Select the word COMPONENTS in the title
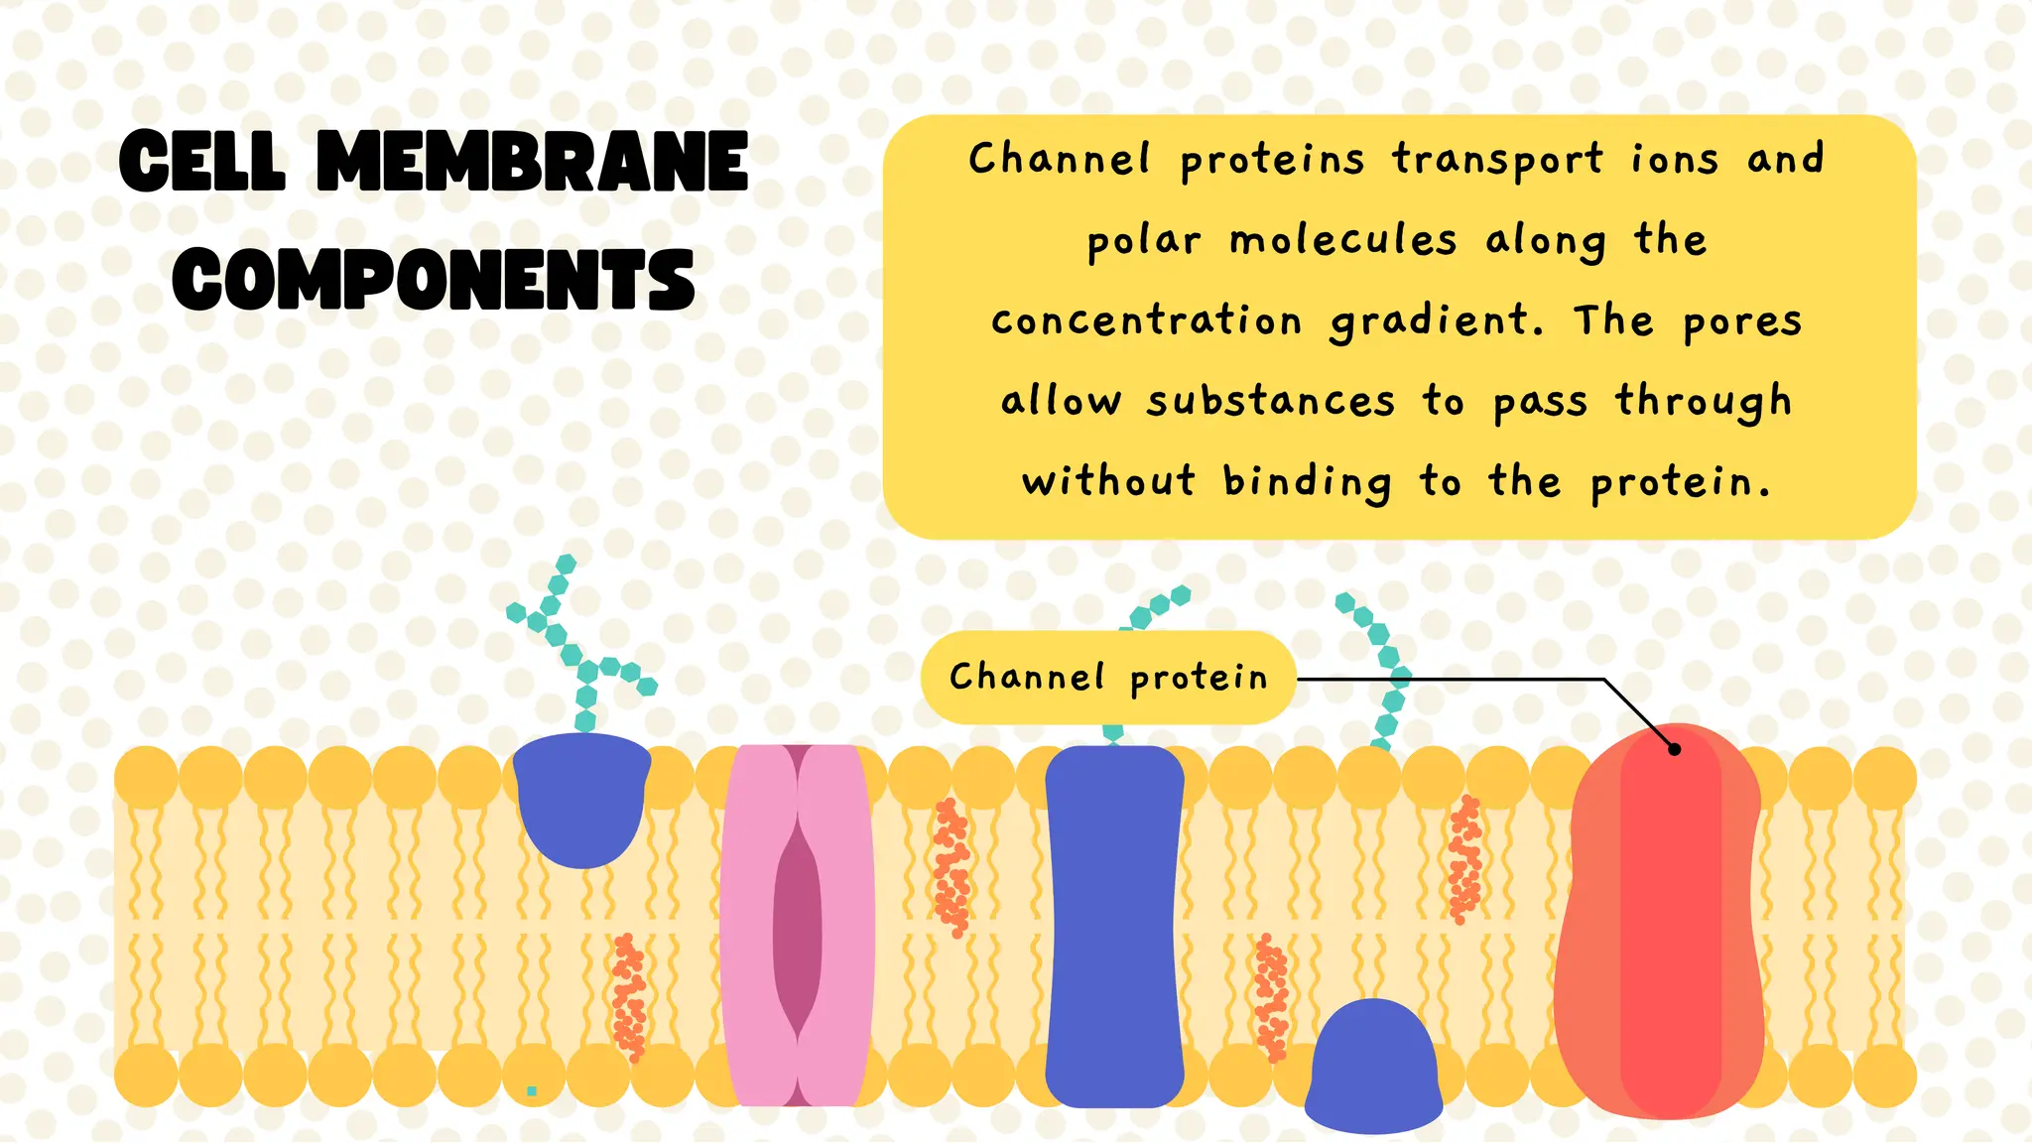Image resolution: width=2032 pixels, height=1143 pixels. (x=434, y=279)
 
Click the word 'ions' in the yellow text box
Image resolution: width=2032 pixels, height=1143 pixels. (x=1674, y=159)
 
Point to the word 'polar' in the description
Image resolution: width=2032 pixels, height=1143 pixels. (x=1143, y=242)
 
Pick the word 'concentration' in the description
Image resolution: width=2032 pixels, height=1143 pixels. (x=1146, y=320)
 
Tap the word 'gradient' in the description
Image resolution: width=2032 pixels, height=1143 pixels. (x=1437, y=321)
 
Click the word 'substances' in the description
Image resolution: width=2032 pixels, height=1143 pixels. (x=1271, y=401)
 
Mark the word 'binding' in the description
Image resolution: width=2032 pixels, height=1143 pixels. (x=1307, y=482)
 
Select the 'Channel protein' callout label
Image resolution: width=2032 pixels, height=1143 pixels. (x=1108, y=678)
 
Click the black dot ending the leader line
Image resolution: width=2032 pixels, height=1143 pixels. (x=1675, y=749)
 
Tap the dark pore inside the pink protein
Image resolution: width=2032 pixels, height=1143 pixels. (x=798, y=929)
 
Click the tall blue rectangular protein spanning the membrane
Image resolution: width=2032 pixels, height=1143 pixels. (x=1114, y=926)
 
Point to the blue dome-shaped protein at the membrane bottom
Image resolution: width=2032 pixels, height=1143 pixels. (x=1373, y=1065)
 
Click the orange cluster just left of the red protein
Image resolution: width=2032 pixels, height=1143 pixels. (x=1464, y=859)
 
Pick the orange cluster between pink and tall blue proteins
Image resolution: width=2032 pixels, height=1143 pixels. (x=952, y=867)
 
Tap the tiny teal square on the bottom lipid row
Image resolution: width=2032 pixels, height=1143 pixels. (x=532, y=1090)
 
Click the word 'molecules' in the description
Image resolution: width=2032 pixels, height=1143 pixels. (x=1343, y=240)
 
